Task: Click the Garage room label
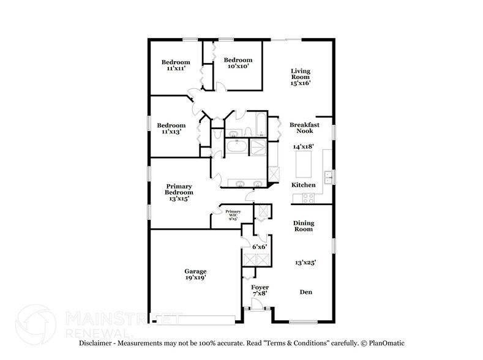pos(196,271)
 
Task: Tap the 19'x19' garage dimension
pos(196,278)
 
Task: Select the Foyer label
pos(260,287)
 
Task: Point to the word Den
pos(305,292)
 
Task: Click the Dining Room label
pos(303,226)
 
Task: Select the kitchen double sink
pos(329,178)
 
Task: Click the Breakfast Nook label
pos(301,127)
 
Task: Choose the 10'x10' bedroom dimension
pos(236,66)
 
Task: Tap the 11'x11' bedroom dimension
pos(176,69)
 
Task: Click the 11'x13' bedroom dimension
pos(171,132)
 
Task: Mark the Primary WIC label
pos(233,214)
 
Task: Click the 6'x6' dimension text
pos(260,247)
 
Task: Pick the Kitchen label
pos(303,185)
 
